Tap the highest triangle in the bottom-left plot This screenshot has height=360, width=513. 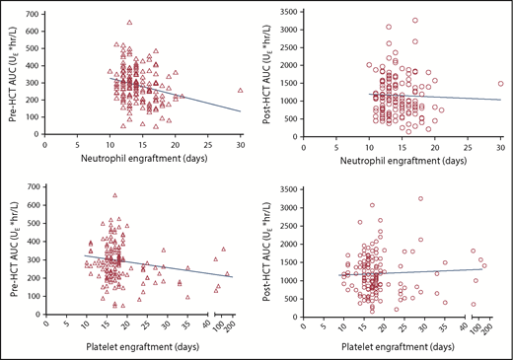[x=115, y=195]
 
